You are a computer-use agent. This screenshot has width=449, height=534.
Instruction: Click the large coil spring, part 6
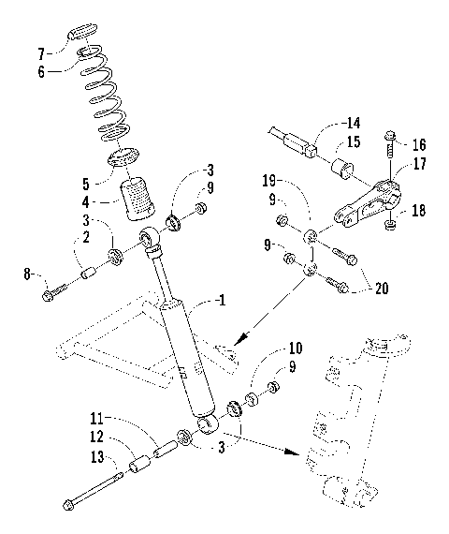tap(105, 94)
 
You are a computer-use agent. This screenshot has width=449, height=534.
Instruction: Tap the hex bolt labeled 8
tap(50, 296)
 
